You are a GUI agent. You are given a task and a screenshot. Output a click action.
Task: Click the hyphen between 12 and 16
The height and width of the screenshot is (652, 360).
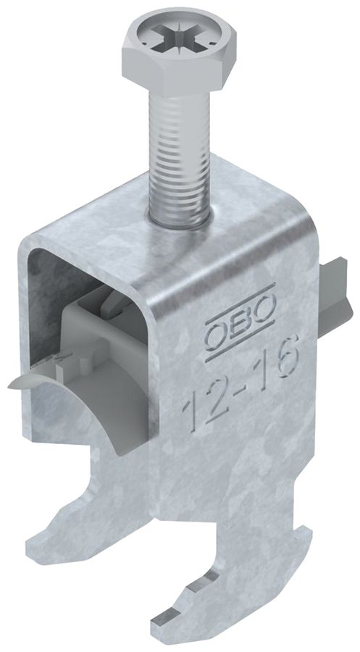coord(238,391)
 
